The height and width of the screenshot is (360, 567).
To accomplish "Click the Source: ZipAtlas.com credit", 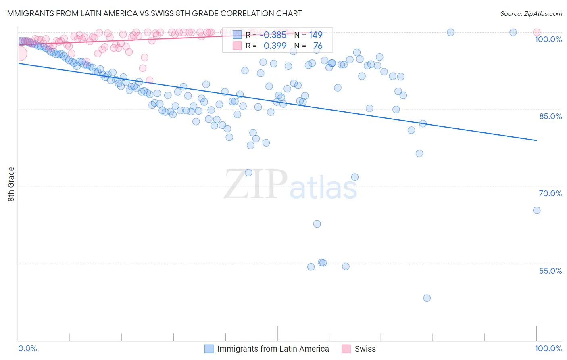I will coord(531,13).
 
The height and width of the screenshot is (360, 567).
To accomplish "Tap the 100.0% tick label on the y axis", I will coord(548,39).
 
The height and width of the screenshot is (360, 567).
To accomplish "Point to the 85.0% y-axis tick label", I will coord(550,116).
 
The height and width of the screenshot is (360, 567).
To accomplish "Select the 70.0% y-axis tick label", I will coord(550,193).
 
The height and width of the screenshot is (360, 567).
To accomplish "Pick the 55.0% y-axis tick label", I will coord(550,271).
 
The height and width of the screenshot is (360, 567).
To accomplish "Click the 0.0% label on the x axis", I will coord(27,348).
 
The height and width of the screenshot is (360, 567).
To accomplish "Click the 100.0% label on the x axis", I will coord(548,348).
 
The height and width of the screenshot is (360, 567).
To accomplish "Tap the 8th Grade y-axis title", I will coord(11,184).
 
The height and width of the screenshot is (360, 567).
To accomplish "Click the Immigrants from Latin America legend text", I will coord(273,349).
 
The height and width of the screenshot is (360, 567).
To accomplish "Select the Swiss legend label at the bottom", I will coord(365,349).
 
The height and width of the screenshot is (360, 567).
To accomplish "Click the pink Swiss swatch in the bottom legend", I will coord(346,349).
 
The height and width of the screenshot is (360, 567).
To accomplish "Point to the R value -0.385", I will coord(275,35).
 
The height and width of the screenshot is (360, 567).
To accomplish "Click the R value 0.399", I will coord(275,46).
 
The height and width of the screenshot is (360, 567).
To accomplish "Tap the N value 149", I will coord(316,35).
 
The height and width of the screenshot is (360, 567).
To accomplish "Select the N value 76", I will coord(318,46).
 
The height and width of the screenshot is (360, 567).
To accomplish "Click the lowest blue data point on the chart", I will coord(427,298).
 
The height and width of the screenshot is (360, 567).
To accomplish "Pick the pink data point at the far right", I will coord(536,32).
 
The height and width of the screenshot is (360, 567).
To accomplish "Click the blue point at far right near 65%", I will coord(536,210).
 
